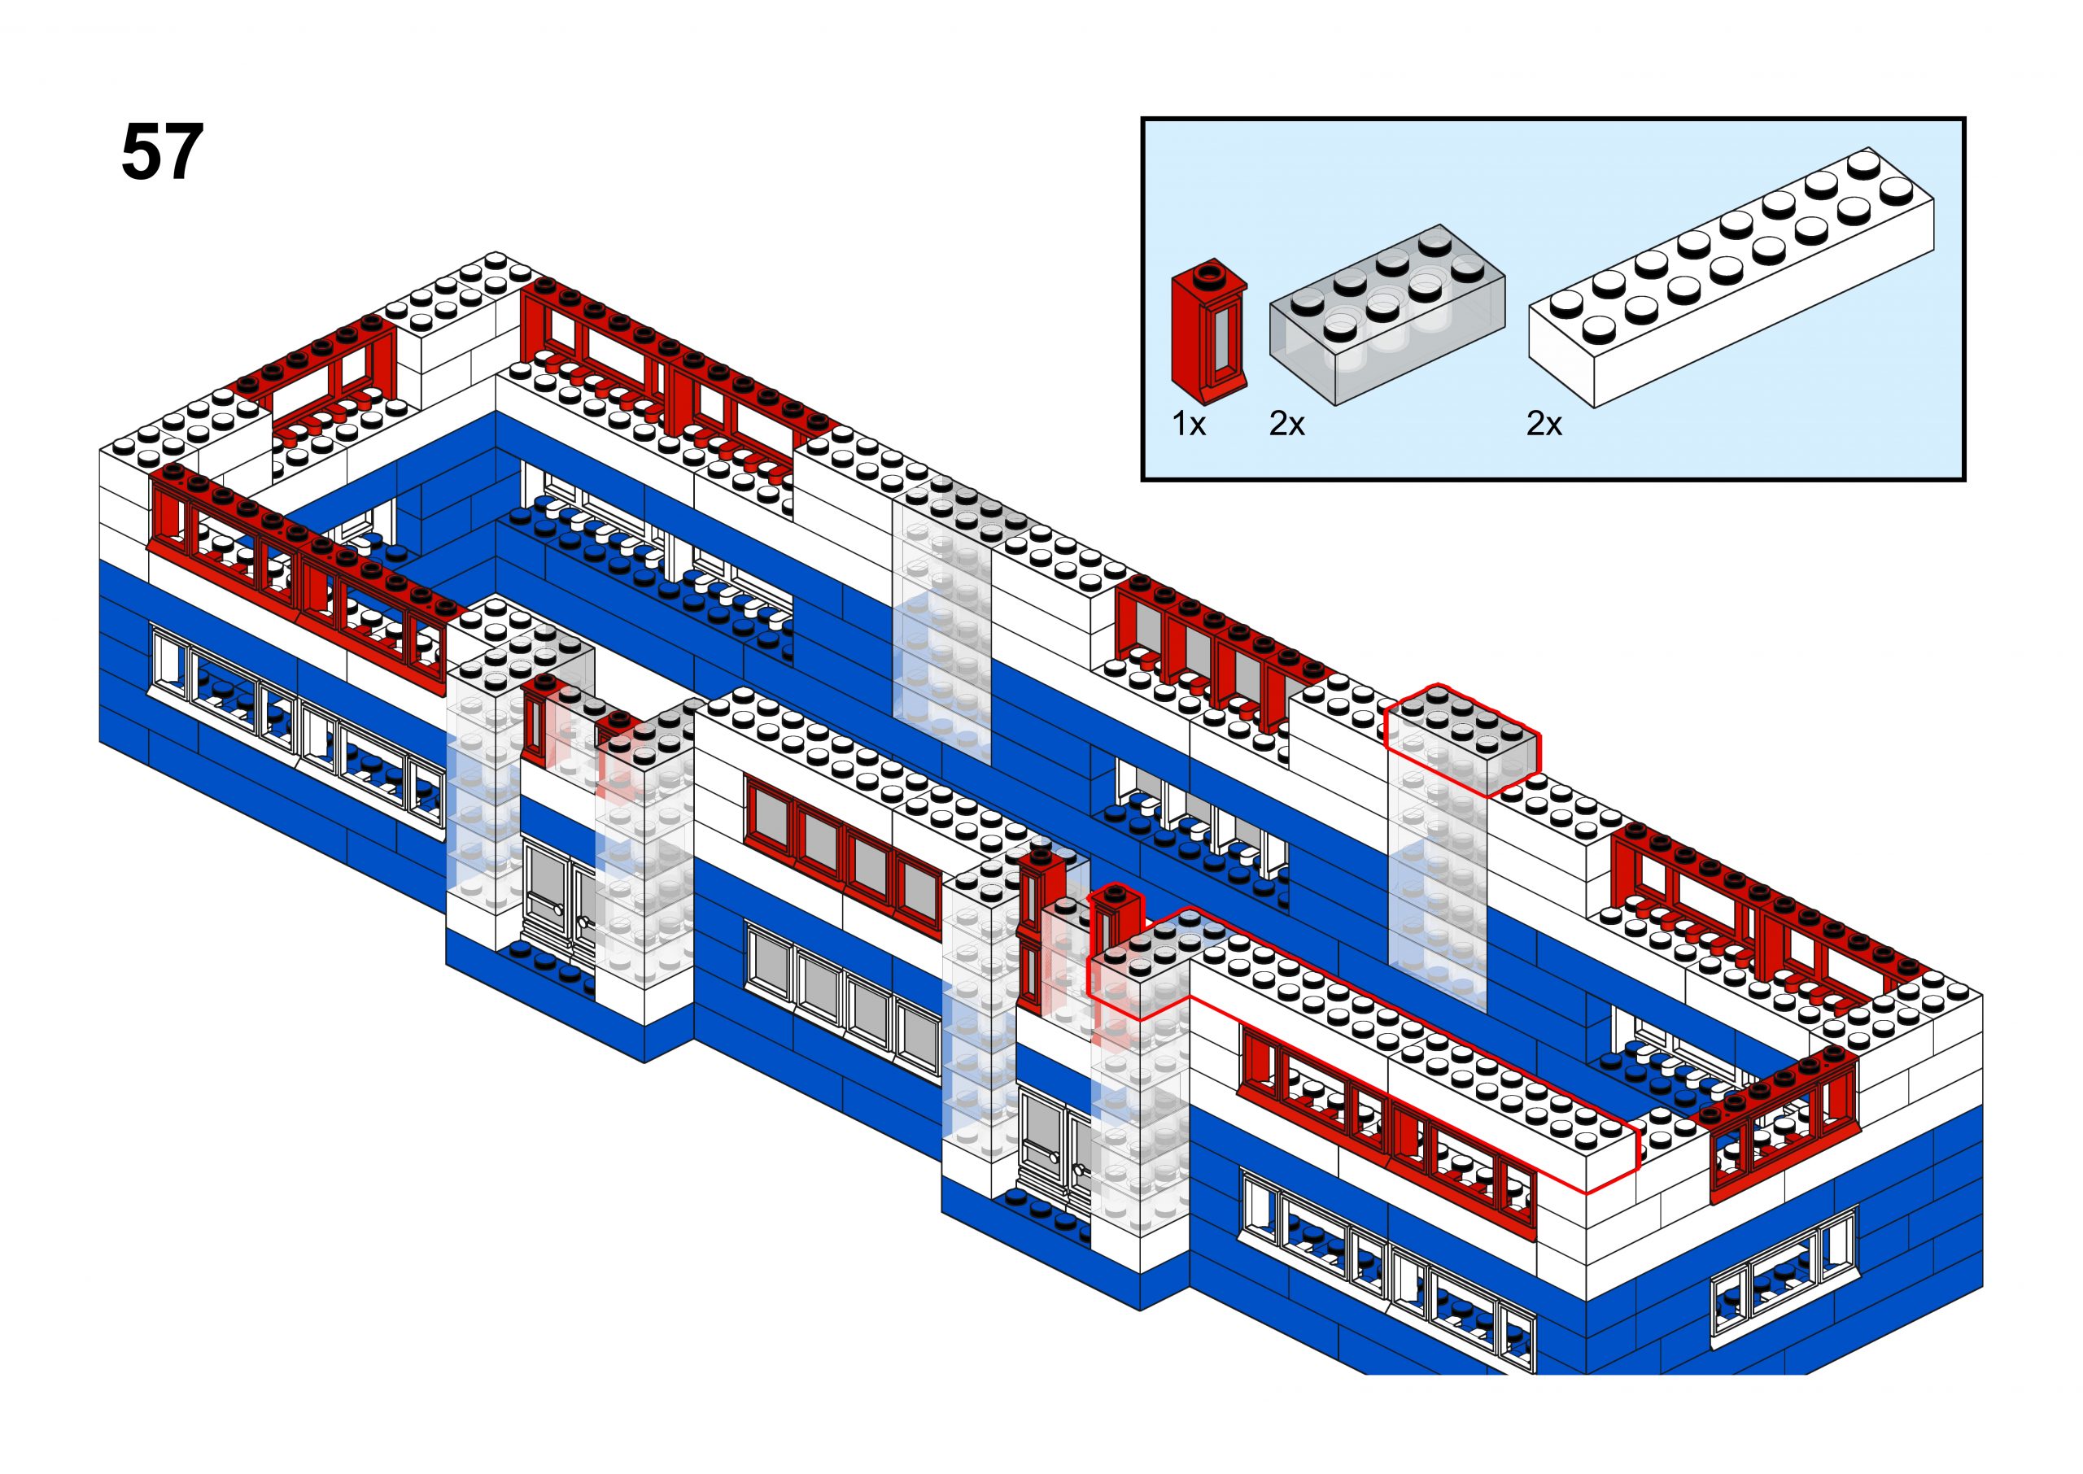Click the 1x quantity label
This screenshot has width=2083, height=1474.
click(x=1188, y=424)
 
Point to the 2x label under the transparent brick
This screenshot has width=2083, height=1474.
click(x=1286, y=424)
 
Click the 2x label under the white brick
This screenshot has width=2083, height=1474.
click(x=1544, y=424)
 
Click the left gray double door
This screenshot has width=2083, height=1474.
click(x=557, y=894)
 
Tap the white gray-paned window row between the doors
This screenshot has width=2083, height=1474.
click(x=842, y=998)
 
